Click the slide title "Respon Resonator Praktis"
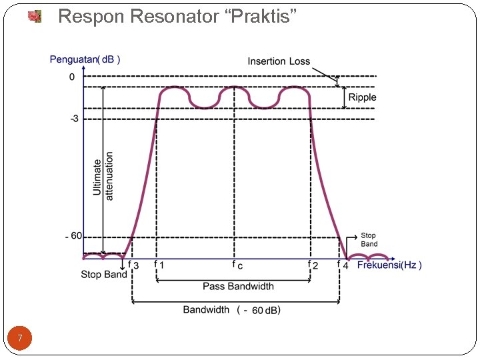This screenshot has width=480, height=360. coord(177,17)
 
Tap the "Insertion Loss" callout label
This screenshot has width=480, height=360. coord(279,61)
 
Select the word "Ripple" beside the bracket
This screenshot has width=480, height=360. coord(363,97)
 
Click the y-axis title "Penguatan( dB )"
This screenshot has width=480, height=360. coord(85,59)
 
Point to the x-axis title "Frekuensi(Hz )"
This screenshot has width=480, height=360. coord(389,265)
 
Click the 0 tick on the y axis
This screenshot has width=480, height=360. coord(72,77)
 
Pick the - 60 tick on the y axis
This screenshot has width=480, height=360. coord(73,236)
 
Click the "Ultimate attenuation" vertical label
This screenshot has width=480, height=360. coord(103,176)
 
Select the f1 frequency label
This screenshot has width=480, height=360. coord(159,265)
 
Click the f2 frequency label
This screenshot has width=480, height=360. coord(312,265)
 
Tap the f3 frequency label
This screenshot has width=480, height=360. coord(133,265)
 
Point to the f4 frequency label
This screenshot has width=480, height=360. coord(343,265)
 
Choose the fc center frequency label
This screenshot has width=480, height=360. coord(237,265)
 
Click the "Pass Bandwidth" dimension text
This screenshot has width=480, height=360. coord(238,287)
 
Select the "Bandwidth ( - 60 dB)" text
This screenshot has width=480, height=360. coord(232,310)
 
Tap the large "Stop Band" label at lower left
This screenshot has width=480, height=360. coord(104,275)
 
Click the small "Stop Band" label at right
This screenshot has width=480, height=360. coord(369,240)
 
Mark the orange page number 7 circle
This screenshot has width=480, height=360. coord(21,339)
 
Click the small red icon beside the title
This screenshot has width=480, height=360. coord(35,16)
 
